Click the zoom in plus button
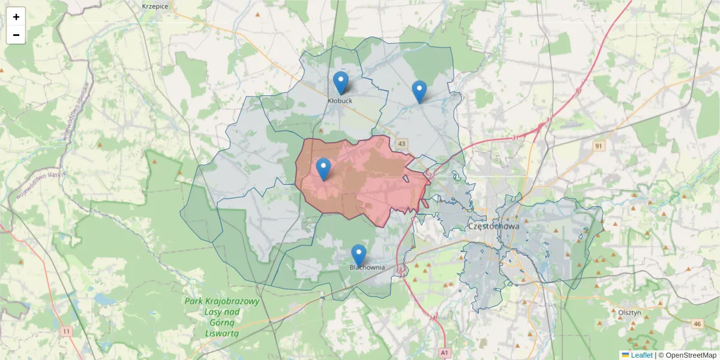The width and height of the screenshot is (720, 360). [16, 17]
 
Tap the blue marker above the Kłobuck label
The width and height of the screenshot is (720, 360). [340, 83]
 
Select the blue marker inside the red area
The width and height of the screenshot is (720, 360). [323, 169]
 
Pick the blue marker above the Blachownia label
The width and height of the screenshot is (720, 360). [359, 255]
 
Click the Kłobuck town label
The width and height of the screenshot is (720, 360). [340, 101]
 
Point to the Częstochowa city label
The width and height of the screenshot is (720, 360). [493, 227]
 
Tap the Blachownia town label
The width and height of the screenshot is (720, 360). [367, 268]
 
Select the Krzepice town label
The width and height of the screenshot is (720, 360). [155, 6]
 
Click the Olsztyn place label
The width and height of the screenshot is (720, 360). [630, 313]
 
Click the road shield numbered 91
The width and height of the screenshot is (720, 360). [598, 146]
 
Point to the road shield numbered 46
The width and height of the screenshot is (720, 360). [697, 324]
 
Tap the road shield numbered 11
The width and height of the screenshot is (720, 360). [66, 331]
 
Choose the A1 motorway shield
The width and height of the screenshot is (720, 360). [444, 352]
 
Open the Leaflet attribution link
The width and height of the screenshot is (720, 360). [641, 355]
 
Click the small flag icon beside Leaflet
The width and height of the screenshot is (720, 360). [625, 355]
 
